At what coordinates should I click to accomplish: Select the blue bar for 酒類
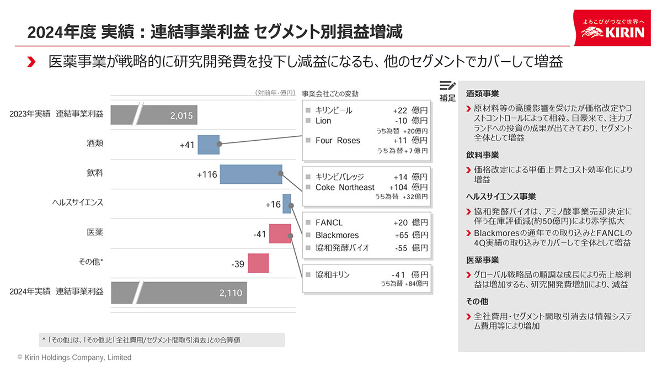click(209, 145)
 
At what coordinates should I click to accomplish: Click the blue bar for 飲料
click(251, 174)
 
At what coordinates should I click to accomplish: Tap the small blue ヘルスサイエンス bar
click(287, 204)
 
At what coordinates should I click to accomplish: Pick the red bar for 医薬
click(280, 233)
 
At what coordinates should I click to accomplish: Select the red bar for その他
click(258, 263)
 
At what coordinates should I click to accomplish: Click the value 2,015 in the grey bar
click(181, 115)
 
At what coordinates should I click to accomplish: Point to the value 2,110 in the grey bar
click(231, 293)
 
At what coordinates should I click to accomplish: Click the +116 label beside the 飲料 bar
click(207, 175)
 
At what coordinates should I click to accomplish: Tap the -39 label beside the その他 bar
click(238, 264)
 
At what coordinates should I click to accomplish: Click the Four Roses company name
click(338, 141)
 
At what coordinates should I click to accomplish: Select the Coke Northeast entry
click(345, 188)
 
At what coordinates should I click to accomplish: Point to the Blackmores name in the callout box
click(337, 235)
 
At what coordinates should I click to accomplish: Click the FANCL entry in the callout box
click(329, 222)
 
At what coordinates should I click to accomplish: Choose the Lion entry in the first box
click(323, 121)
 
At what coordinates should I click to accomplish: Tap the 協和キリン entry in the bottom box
click(333, 274)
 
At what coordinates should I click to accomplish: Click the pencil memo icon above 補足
click(447, 86)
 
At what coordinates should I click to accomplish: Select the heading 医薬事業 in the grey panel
click(483, 260)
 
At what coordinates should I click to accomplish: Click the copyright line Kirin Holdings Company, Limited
click(74, 358)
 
